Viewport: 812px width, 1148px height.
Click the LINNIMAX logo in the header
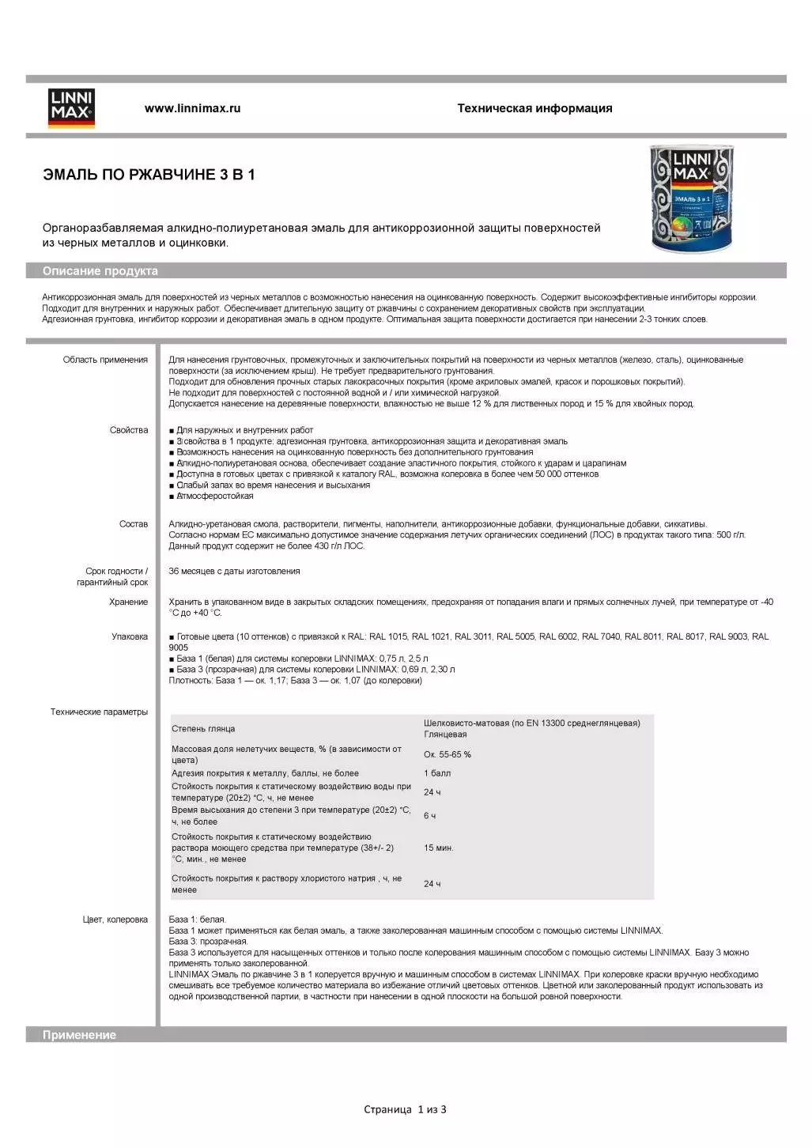(71, 108)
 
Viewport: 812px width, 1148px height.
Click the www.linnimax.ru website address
(192, 108)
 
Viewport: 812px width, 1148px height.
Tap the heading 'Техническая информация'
(534, 108)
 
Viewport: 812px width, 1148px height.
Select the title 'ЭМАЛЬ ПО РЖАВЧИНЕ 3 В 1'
(149, 175)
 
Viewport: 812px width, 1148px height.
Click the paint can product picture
(692, 199)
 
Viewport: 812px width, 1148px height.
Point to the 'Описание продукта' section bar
(100, 271)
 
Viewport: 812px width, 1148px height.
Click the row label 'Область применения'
(105, 360)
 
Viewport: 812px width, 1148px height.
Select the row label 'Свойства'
(129, 430)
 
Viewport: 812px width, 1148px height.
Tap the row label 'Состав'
(133, 524)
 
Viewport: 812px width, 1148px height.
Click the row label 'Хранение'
(128, 602)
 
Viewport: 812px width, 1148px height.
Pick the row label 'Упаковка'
(130, 636)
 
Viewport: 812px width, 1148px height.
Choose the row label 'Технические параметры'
(99, 712)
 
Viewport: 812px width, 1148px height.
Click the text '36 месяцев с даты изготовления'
(234, 571)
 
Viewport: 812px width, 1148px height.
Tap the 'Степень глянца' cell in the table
(203, 729)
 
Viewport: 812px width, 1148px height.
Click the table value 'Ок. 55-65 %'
(447, 754)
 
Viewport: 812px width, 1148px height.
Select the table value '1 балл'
(436, 773)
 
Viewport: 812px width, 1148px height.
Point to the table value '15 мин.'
(438, 848)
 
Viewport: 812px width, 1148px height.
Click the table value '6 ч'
(429, 816)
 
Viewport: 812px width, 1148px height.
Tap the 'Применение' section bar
(79, 1035)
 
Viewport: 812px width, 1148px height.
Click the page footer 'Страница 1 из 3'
(405, 1109)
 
